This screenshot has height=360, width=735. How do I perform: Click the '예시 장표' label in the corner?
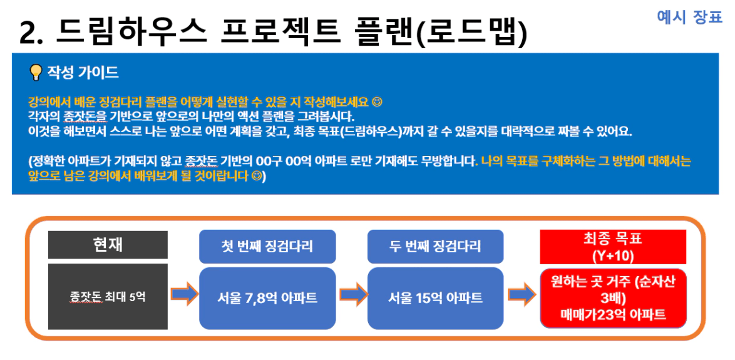click(689, 18)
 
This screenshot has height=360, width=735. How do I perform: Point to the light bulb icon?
click(36, 73)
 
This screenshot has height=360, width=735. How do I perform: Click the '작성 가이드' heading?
click(83, 73)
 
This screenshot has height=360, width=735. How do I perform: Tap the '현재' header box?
click(108, 245)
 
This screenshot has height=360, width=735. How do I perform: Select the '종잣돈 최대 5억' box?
click(108, 296)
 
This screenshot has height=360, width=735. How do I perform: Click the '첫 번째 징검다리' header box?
click(267, 247)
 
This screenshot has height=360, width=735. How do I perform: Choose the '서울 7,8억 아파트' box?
click(267, 298)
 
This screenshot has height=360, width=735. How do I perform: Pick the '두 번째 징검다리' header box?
click(436, 247)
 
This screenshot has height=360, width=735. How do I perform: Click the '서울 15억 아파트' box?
click(436, 298)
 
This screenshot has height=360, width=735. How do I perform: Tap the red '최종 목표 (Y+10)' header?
click(613, 247)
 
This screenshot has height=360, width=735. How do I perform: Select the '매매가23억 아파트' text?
click(613, 314)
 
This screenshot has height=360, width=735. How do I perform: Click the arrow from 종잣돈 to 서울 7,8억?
click(185, 294)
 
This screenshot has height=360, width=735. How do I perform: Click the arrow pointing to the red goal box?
click(522, 294)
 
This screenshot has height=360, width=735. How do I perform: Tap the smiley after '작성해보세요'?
click(376, 101)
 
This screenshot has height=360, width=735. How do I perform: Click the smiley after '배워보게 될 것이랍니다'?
click(256, 177)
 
